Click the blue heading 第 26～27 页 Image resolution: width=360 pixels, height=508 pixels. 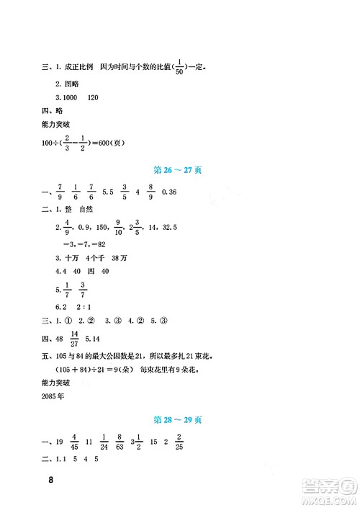(178, 170)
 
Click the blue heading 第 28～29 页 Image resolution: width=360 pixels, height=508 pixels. (178, 419)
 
